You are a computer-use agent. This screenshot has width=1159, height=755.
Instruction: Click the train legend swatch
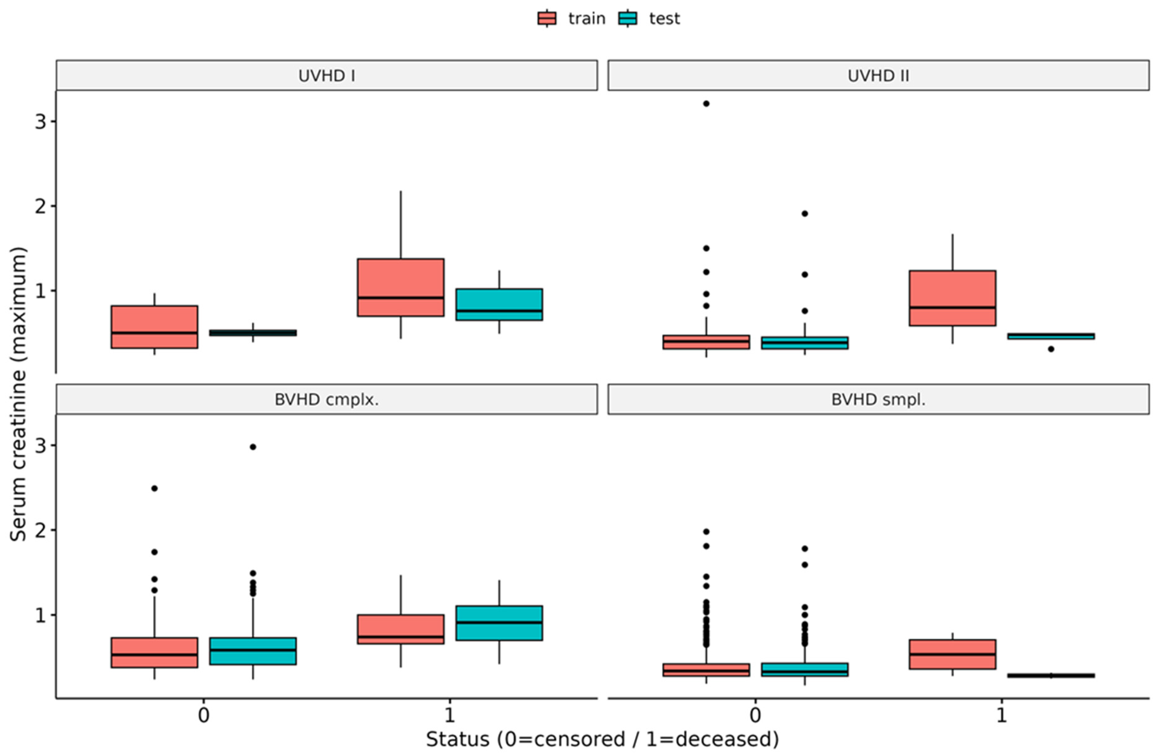[547, 19]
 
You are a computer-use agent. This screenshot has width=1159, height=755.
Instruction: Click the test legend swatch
[628, 19]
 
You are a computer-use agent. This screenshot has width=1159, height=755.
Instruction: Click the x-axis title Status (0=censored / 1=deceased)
[602, 739]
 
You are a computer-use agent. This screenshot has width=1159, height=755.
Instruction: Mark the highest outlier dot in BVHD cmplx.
[253, 447]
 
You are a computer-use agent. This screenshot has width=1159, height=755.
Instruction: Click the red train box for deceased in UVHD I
[401, 287]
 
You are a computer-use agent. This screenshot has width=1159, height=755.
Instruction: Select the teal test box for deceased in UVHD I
[499, 304]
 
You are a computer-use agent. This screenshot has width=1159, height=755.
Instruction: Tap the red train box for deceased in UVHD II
[952, 298]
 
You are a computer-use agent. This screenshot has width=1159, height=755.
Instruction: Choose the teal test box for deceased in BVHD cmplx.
[499, 623]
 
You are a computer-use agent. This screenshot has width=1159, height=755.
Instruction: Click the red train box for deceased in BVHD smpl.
[952, 654]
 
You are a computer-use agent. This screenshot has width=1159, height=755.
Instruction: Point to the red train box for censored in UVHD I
[154, 327]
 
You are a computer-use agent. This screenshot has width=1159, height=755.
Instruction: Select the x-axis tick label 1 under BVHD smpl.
[1001, 715]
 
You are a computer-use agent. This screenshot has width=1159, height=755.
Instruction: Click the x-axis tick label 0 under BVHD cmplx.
[203, 715]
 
